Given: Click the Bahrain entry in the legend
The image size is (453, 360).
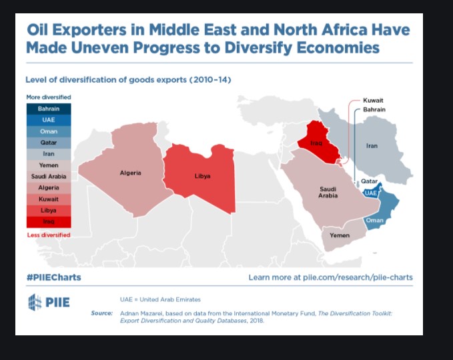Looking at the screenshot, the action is (48, 109).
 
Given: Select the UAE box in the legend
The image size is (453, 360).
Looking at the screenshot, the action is (48, 120).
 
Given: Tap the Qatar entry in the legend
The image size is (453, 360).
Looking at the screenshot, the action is (48, 143).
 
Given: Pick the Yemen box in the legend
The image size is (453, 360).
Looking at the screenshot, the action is (48, 165).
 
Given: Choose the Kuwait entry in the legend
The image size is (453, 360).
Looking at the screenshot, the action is (48, 199).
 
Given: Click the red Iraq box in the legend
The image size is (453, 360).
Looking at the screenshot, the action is (48, 221).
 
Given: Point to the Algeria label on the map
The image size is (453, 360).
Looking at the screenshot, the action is (130, 173).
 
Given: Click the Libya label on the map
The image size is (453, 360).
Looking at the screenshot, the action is (202, 176).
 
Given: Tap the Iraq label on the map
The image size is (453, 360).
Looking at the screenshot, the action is (317, 143).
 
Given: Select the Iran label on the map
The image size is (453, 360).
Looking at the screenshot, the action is (372, 145).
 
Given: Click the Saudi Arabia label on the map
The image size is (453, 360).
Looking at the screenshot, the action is (328, 192).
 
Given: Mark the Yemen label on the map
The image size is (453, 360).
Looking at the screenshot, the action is (340, 235).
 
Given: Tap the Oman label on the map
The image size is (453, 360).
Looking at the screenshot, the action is (374, 220).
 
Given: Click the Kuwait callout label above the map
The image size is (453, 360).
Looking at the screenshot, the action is (373, 99).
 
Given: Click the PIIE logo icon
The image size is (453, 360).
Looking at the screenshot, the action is (35, 302).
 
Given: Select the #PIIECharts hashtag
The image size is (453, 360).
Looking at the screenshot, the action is (53, 277).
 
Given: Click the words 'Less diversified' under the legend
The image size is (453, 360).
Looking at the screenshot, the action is (48, 235).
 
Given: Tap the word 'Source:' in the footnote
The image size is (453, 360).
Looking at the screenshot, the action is (101, 313).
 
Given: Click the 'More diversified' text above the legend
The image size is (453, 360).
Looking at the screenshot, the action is (48, 97).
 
